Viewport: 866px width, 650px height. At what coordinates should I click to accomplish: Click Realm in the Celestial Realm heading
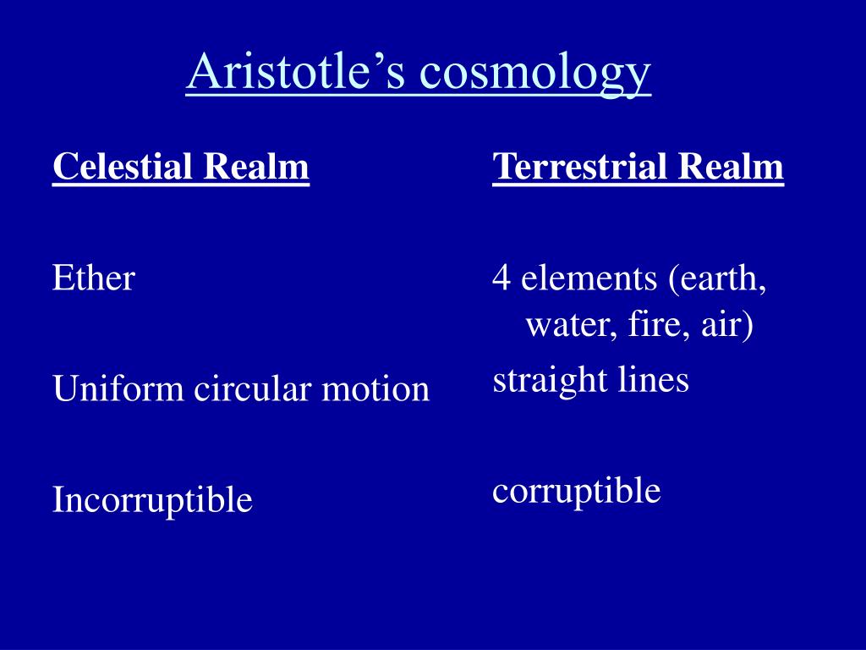256,166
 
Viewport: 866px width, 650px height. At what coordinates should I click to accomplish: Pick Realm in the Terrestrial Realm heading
731,166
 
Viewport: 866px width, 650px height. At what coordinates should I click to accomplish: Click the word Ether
94,277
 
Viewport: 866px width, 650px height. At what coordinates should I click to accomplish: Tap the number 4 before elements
501,278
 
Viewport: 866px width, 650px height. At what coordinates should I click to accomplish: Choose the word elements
589,278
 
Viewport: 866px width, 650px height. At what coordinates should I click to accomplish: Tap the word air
727,325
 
